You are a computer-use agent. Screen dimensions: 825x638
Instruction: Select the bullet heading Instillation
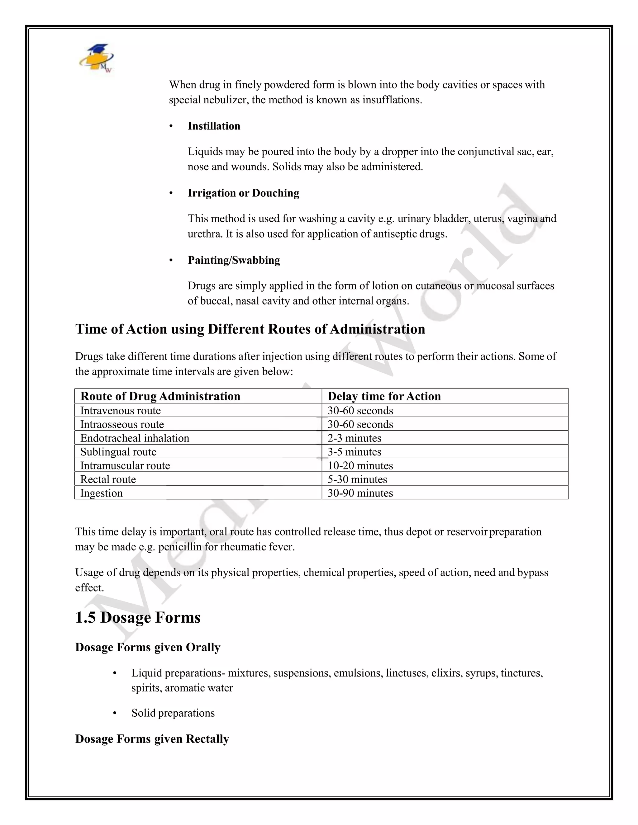[214, 126]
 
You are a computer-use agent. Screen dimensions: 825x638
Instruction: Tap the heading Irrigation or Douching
[243, 193]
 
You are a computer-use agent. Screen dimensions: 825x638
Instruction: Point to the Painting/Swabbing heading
[234, 260]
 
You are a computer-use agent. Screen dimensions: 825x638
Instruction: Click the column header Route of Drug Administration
[160, 396]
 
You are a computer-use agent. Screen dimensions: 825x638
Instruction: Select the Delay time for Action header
[384, 396]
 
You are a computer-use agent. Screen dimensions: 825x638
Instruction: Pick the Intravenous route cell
[120, 411]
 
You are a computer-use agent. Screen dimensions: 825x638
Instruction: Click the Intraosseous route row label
[122, 424]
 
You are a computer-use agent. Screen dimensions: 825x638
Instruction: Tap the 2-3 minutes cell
[354, 438]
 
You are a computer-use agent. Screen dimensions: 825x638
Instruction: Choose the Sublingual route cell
[118, 452]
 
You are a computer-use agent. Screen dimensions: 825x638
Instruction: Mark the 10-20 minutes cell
[360, 465]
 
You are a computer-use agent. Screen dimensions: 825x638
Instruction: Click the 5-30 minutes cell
[357, 479]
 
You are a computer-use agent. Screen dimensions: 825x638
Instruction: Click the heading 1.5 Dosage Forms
[138, 617]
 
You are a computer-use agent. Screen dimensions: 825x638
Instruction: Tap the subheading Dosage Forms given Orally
[147, 647]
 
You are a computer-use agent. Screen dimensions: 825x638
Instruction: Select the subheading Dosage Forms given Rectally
[152, 738]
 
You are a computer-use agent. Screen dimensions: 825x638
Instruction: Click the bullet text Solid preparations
[173, 713]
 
